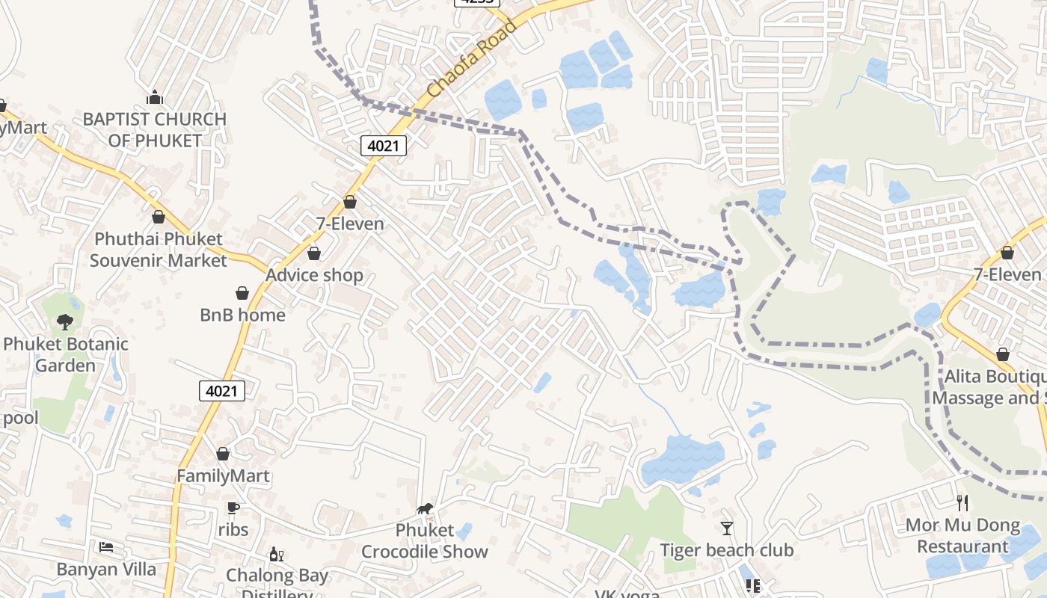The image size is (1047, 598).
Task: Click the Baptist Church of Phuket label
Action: [x=154, y=129]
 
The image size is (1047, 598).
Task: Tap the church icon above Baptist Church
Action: [x=155, y=97]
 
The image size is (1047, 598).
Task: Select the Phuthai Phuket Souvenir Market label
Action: [x=158, y=250]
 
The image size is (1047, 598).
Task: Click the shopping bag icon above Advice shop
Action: [x=314, y=253]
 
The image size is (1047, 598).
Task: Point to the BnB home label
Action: [x=242, y=315]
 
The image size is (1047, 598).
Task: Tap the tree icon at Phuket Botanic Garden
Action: [x=65, y=322]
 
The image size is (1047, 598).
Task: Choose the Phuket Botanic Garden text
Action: [x=66, y=354]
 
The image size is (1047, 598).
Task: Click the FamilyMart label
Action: [x=223, y=475]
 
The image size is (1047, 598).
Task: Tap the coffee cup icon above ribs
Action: [x=233, y=508]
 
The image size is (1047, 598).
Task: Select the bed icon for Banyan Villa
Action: [x=106, y=547]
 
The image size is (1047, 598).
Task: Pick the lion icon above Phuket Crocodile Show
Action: [x=425, y=509]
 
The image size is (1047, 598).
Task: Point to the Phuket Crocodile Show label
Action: [x=425, y=541]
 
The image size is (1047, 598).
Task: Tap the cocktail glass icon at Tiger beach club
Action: [x=726, y=528]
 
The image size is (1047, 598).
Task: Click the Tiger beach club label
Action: [x=726, y=550]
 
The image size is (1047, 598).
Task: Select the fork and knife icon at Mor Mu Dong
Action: [x=962, y=503]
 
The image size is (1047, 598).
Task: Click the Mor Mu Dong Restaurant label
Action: [x=962, y=536]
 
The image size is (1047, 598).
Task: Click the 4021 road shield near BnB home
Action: [x=222, y=390]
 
